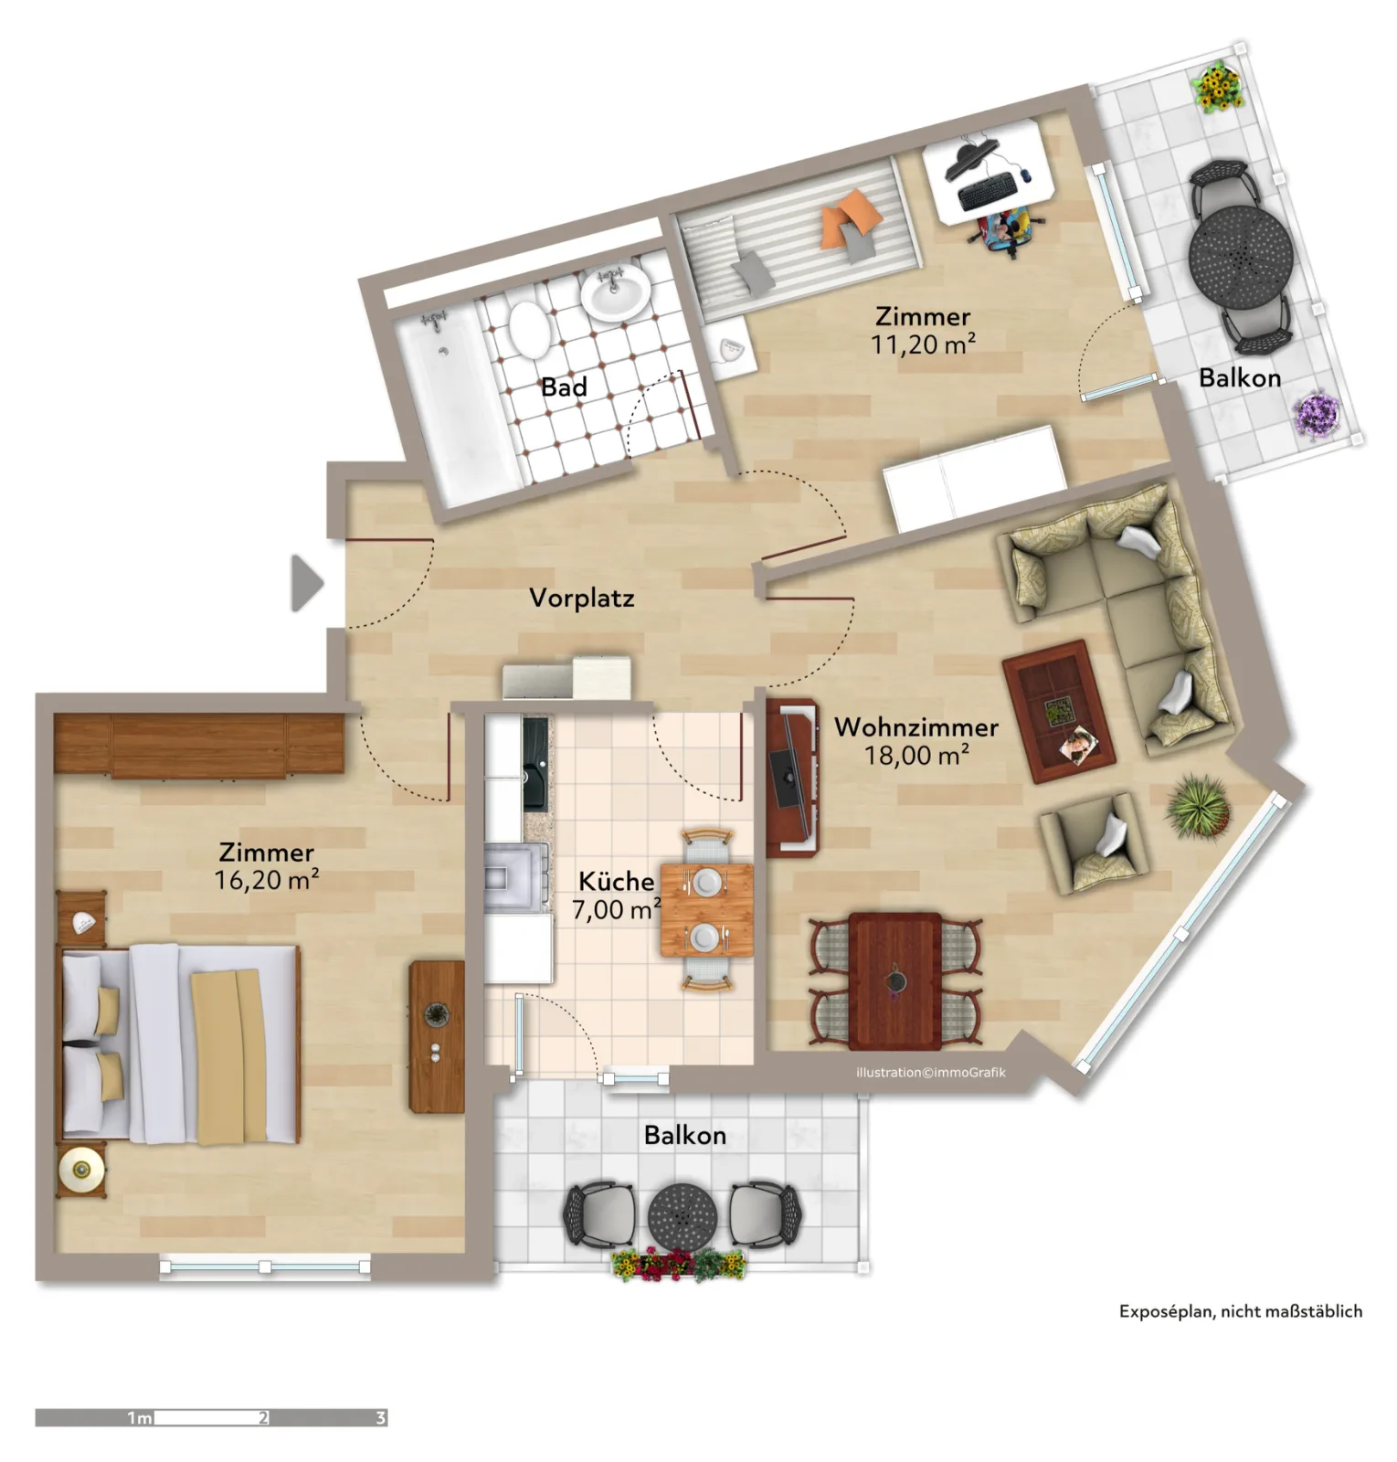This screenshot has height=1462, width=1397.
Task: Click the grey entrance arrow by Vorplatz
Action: [306, 582]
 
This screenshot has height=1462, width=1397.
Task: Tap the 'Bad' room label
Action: [564, 387]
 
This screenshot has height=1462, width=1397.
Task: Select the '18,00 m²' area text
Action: [916, 756]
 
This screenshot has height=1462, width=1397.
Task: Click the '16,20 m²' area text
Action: [267, 880]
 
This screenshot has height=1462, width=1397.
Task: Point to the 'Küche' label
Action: [617, 882]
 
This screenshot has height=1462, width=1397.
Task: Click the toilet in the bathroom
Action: [527, 329]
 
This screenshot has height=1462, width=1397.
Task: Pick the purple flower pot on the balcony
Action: [1317, 413]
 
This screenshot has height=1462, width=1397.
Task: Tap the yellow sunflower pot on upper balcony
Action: [1218, 87]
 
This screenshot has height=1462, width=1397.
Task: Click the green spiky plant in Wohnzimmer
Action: [1199, 804]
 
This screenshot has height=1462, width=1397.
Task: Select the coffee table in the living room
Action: [1059, 711]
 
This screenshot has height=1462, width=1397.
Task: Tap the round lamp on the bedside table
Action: [81, 1169]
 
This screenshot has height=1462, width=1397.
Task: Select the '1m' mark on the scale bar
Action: [139, 1418]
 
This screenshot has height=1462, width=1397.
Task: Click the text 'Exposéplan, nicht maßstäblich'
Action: [1241, 1311]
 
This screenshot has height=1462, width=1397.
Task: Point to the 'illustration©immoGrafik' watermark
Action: [931, 1073]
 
